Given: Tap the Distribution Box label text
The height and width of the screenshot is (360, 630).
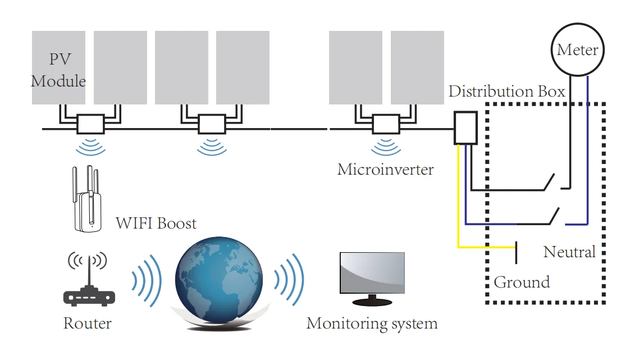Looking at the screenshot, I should tap(506, 92).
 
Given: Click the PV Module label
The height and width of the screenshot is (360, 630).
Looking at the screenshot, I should tap(58, 70).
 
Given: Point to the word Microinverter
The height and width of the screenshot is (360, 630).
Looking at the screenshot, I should tap(385, 169).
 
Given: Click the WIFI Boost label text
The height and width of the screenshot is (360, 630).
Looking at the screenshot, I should tap(156, 223).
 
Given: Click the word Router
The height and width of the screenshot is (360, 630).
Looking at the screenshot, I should tap(87, 323).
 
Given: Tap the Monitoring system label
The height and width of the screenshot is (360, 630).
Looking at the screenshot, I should tap(372, 323).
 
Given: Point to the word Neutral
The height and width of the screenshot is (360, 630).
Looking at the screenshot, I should tap(569, 252).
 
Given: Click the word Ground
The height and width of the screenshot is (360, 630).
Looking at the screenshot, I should tap(522, 282).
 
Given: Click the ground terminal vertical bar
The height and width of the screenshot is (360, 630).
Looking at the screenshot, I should tap(515, 252).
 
